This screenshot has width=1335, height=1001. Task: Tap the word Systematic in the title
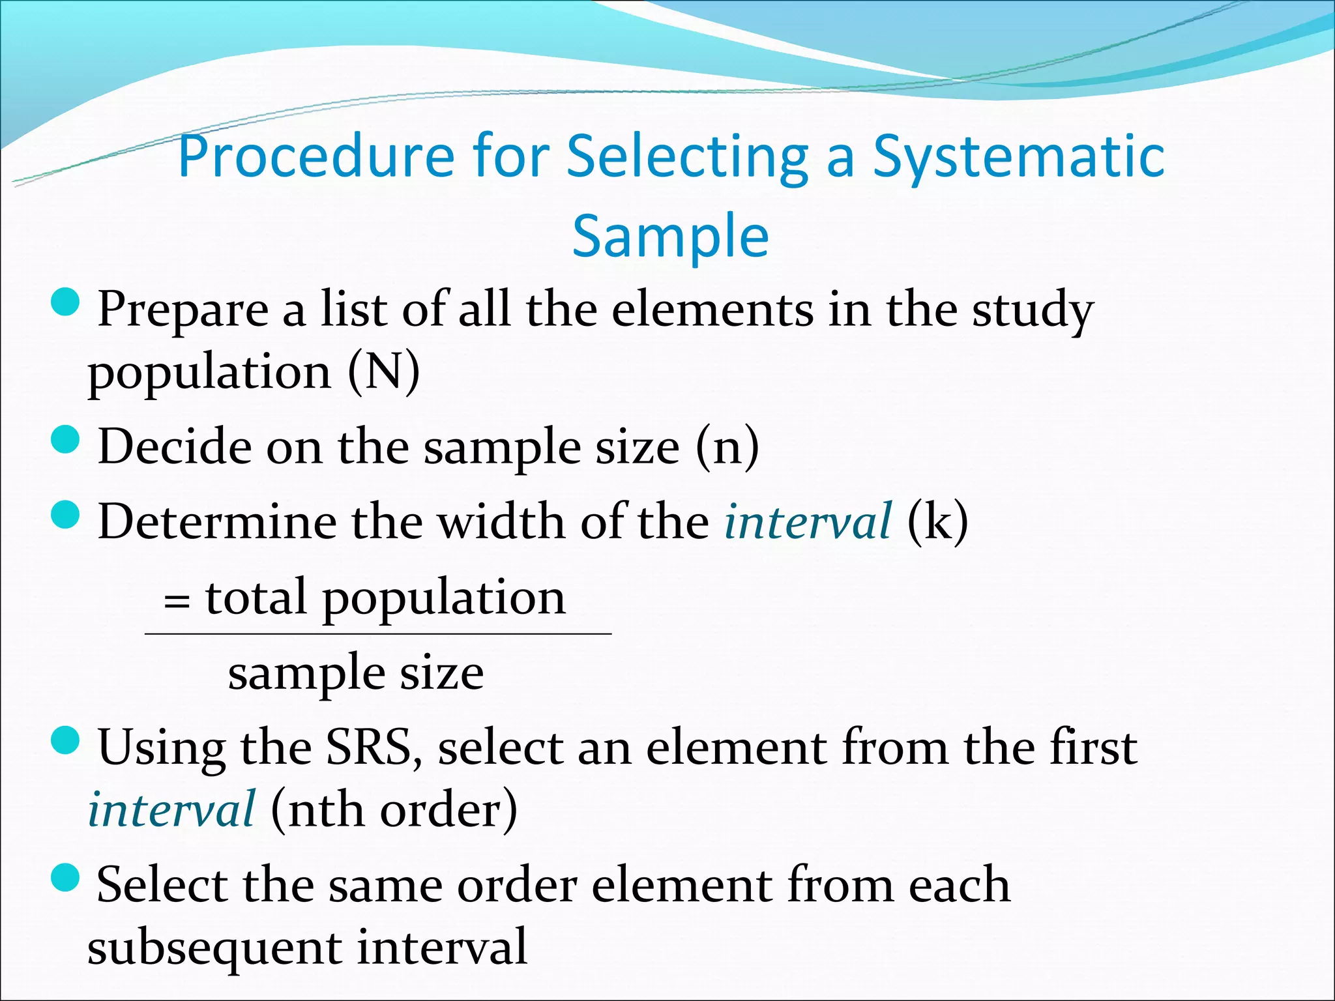[1018, 156]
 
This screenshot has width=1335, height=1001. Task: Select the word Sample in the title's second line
[670, 236]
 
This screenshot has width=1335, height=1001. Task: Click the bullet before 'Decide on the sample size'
[65, 440]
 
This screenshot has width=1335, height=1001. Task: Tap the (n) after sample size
[727, 447]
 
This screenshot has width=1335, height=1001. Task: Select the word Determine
[216, 521]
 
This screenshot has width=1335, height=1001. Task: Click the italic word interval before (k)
[807, 521]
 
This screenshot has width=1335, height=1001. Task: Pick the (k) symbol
[937, 521]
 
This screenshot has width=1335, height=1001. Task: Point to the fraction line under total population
[378, 633]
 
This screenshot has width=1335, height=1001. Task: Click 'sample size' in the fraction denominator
[355, 673]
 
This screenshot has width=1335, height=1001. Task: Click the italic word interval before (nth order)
[171, 810]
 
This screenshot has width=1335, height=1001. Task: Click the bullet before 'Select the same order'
[65, 878]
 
